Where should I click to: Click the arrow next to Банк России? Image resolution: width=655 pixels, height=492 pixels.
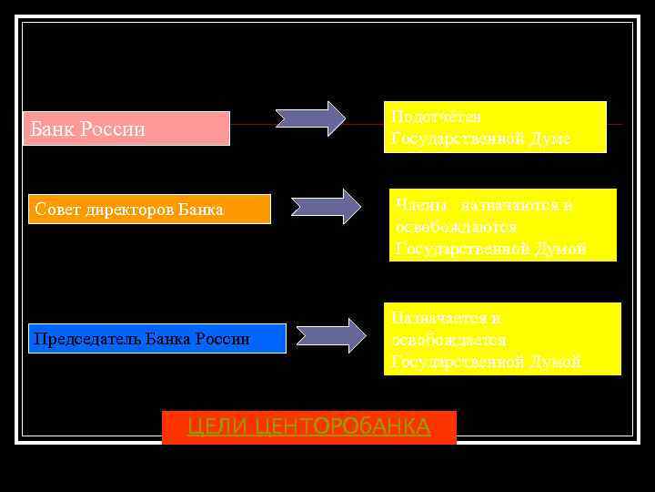coord(310,119)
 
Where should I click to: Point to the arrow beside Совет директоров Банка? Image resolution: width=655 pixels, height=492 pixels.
coord(326,207)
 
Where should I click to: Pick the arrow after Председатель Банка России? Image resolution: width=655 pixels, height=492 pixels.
coord(331,335)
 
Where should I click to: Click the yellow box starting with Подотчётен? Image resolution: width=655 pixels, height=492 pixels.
coord(494,127)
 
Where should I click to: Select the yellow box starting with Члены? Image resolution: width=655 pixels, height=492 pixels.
coord(502,225)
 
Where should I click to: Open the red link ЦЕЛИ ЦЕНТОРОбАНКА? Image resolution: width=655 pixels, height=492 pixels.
coord(308,426)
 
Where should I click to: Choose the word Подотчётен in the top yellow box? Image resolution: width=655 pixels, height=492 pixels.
coord(436,117)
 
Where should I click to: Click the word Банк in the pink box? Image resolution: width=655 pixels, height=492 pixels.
coord(53,129)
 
